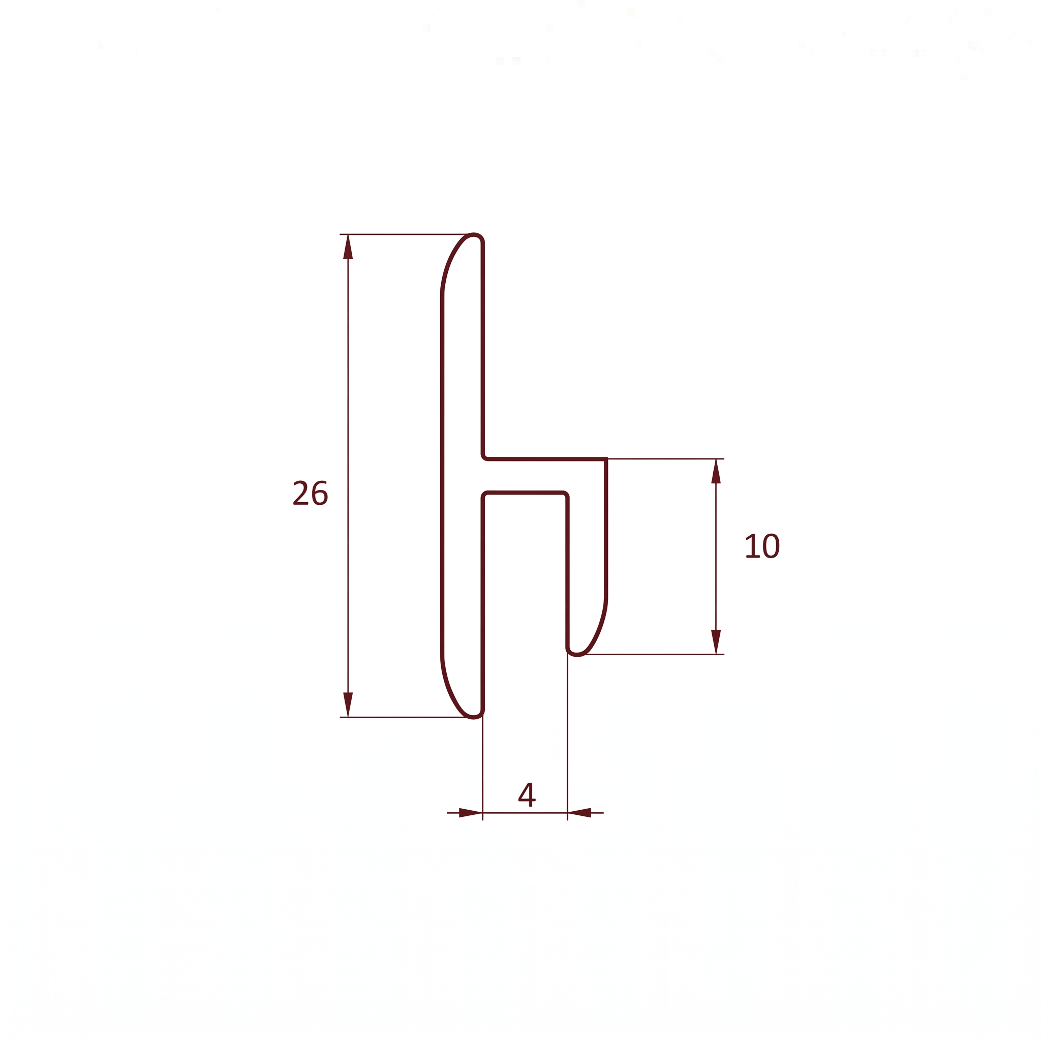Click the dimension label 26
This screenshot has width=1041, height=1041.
311,493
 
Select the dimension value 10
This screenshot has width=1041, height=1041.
762,545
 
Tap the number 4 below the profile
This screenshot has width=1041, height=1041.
527,794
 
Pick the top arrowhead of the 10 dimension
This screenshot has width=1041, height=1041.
716,472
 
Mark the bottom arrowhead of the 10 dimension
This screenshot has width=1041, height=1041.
716,642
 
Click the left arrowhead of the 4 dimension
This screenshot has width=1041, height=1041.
470,813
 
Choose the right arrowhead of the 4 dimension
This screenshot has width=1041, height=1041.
580,813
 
